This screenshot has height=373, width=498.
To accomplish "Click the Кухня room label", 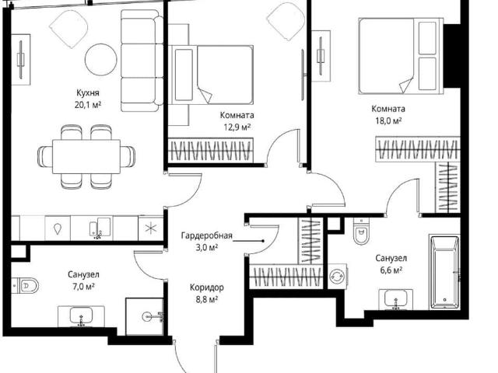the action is click(88, 93).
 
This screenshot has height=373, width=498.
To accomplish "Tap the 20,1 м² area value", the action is click(88, 105).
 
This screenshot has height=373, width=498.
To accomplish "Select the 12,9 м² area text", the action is click(237, 127).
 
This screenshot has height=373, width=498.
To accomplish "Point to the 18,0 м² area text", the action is click(388, 121).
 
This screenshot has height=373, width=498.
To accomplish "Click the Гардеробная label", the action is click(207, 235).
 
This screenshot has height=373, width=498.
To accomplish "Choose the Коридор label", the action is click(207, 288).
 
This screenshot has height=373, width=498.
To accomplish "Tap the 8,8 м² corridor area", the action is click(207, 299).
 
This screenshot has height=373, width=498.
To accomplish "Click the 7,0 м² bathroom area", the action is click(83, 287).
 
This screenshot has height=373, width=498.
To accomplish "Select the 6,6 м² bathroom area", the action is click(391, 270).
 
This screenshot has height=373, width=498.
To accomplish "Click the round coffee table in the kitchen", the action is click(100, 59).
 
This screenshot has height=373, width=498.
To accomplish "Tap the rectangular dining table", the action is click(86, 157).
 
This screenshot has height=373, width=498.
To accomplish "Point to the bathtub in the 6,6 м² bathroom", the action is click(444, 273).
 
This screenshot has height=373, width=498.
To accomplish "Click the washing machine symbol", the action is click(337, 276).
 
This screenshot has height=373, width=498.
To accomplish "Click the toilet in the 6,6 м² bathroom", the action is click(361, 231).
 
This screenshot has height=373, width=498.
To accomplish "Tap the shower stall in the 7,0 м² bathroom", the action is click(145, 316).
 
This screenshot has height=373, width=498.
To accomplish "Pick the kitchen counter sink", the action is click(100, 227).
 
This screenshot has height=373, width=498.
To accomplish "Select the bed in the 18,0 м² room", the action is click(401, 56).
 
